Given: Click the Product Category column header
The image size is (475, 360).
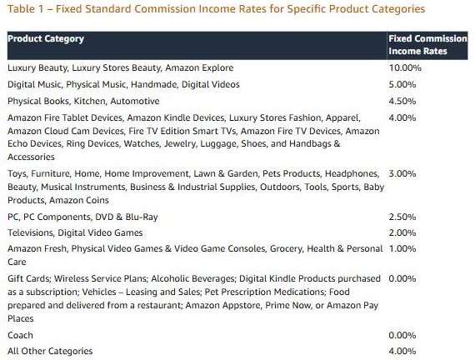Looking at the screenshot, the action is pyautogui.click(x=46, y=39).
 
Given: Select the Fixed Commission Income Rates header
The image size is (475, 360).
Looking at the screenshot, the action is pyautogui.click(x=427, y=45).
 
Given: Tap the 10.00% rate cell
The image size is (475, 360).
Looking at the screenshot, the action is pyautogui.click(x=405, y=67).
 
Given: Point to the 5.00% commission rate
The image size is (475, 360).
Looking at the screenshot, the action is pyautogui.click(x=402, y=84).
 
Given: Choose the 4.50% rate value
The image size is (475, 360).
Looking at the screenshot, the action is pyautogui.click(x=402, y=101).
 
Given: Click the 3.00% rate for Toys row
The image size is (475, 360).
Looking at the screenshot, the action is pyautogui.click(x=402, y=174).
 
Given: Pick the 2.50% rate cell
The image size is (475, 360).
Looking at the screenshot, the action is pyautogui.click(x=402, y=217).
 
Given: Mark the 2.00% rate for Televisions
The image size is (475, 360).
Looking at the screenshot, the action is pyautogui.click(x=402, y=233).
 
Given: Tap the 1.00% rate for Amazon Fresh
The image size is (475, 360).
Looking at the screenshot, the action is pyautogui.click(x=402, y=249).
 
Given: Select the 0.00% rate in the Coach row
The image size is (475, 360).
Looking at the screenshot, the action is pyautogui.click(x=402, y=336).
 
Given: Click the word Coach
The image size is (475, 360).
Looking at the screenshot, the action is pyautogui.click(x=20, y=336).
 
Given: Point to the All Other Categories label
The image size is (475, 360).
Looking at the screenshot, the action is pyautogui.click(x=50, y=351).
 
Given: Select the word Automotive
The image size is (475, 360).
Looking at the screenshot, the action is pyautogui.click(x=135, y=101).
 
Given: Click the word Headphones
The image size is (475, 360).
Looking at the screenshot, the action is pyautogui.click(x=352, y=174).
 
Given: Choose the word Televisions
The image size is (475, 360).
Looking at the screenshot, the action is pyautogui.click(x=30, y=233).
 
